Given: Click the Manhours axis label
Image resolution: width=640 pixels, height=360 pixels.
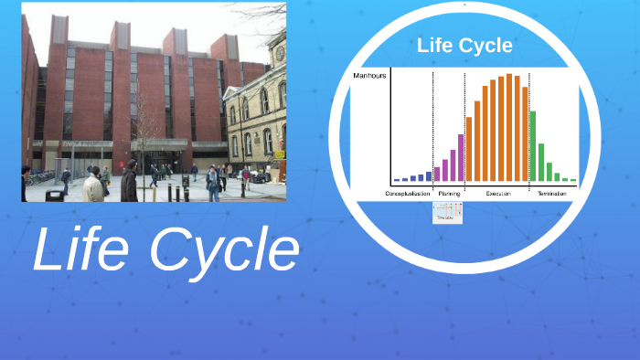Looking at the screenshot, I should point(370,77).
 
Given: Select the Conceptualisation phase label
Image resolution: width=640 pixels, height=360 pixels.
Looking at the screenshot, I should point(407,194).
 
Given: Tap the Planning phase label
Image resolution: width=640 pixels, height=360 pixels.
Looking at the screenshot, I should point(449,194).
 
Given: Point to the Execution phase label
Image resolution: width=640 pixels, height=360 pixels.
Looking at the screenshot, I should point(498,194).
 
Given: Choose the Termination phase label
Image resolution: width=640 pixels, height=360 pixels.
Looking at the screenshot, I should point(551,194).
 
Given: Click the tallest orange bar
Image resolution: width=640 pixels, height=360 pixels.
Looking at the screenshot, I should point(509,128).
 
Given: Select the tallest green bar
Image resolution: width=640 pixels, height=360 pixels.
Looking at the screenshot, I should point(533,146).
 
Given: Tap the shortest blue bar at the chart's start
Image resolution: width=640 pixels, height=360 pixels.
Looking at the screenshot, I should point(396,179).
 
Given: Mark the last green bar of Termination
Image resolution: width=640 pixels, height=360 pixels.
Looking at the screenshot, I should point(573,180).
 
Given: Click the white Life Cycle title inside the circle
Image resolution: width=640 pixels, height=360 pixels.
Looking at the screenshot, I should point(464,45).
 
